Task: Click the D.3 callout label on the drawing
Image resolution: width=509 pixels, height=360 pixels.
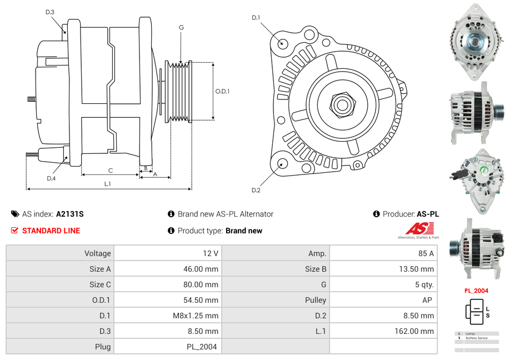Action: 49,12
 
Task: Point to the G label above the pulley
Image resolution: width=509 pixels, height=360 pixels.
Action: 181,27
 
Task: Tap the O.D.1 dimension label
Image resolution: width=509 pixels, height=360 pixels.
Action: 222,91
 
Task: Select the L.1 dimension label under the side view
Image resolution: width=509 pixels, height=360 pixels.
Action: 108,183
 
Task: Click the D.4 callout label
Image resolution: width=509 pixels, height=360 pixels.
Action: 51,178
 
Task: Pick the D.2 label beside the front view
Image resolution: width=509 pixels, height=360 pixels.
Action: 256,190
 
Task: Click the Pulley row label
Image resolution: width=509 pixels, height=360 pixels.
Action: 316,300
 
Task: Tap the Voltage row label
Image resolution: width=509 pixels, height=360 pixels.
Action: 97,253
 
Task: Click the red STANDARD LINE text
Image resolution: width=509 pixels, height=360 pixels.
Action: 51,231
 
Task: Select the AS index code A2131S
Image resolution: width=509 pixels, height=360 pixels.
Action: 69,214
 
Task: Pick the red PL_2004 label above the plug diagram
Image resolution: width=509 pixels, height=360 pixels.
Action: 476,291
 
